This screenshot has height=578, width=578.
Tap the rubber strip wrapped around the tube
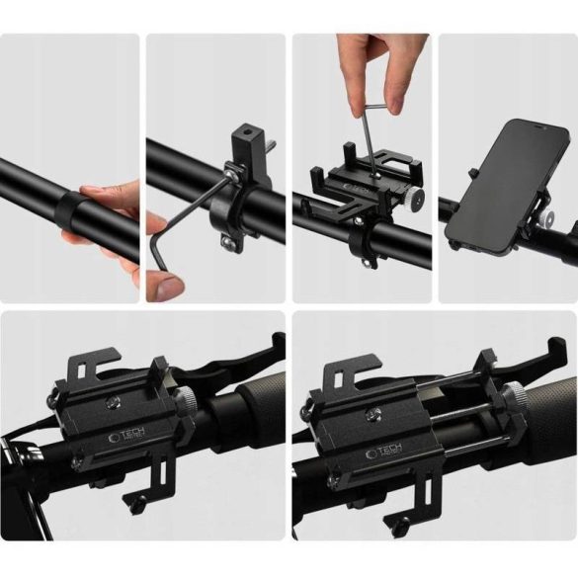tap(67, 210)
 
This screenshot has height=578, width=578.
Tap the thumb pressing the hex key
tap(167, 287)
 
